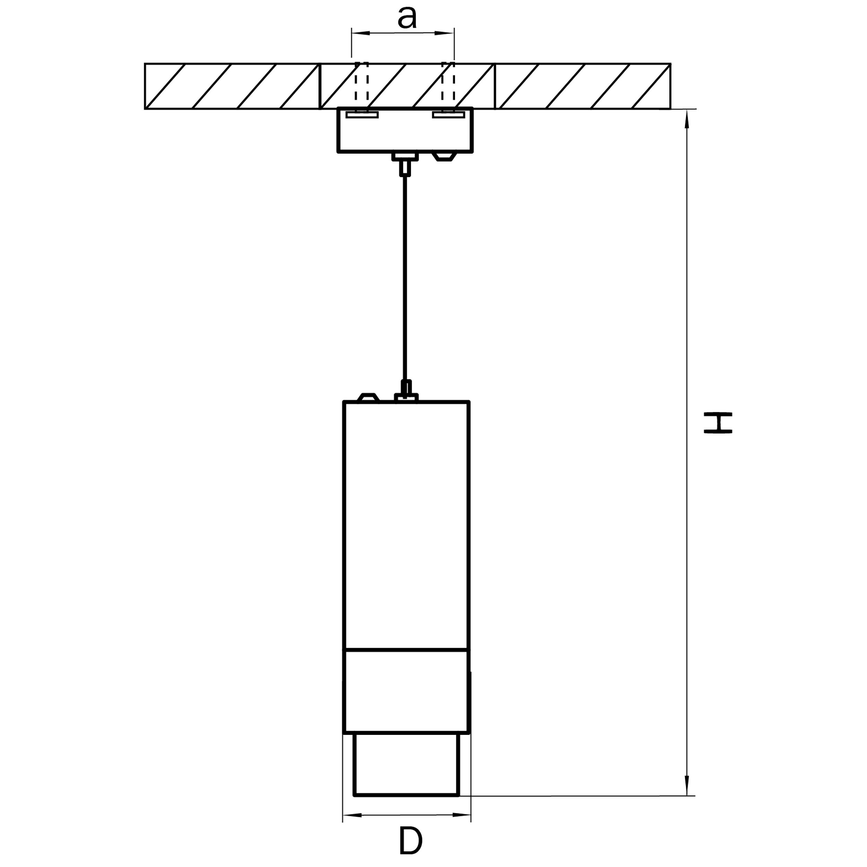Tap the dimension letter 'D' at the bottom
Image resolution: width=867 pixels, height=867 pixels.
click(x=410, y=841)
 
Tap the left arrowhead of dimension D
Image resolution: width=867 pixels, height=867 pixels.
click(x=352, y=815)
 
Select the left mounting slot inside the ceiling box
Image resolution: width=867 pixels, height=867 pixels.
click(x=362, y=115)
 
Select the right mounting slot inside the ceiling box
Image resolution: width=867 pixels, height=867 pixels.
click(x=449, y=115)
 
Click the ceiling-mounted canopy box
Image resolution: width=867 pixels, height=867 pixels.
click(x=405, y=130)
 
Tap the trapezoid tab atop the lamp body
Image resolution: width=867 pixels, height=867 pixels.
click(x=368, y=397)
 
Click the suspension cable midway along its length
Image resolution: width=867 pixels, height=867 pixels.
click(x=405, y=278)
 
